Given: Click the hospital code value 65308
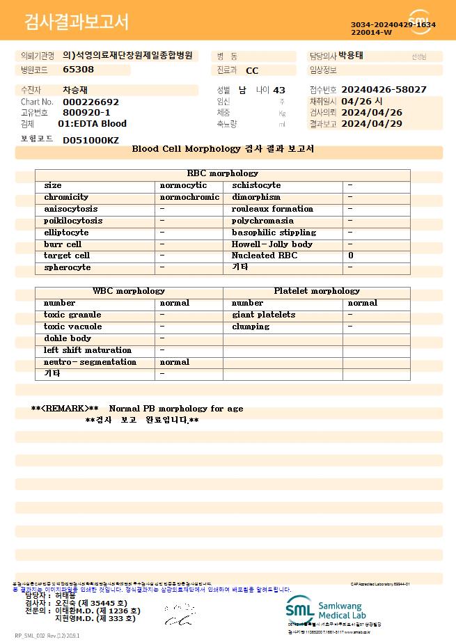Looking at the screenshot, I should point(78,69).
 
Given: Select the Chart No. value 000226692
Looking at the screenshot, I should point(91,102).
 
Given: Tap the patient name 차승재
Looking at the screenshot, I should point(76,90).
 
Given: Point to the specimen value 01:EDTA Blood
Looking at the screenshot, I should point(92,123).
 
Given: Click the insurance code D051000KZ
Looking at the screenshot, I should point(91,140).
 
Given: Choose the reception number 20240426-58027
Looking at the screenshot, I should point(384,90).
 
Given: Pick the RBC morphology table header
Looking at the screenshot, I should point(222,173).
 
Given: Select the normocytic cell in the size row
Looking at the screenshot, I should point(183,185).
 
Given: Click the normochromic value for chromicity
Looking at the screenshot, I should point(189,197).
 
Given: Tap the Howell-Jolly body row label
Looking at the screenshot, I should point(272,244).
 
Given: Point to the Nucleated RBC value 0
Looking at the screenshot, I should point(350,256).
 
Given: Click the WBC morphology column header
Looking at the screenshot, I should point(129,291).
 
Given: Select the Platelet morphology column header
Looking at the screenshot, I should point(317,291).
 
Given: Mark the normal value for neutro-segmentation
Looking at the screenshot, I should point(174,362).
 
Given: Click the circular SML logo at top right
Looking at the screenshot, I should point(420,22).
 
